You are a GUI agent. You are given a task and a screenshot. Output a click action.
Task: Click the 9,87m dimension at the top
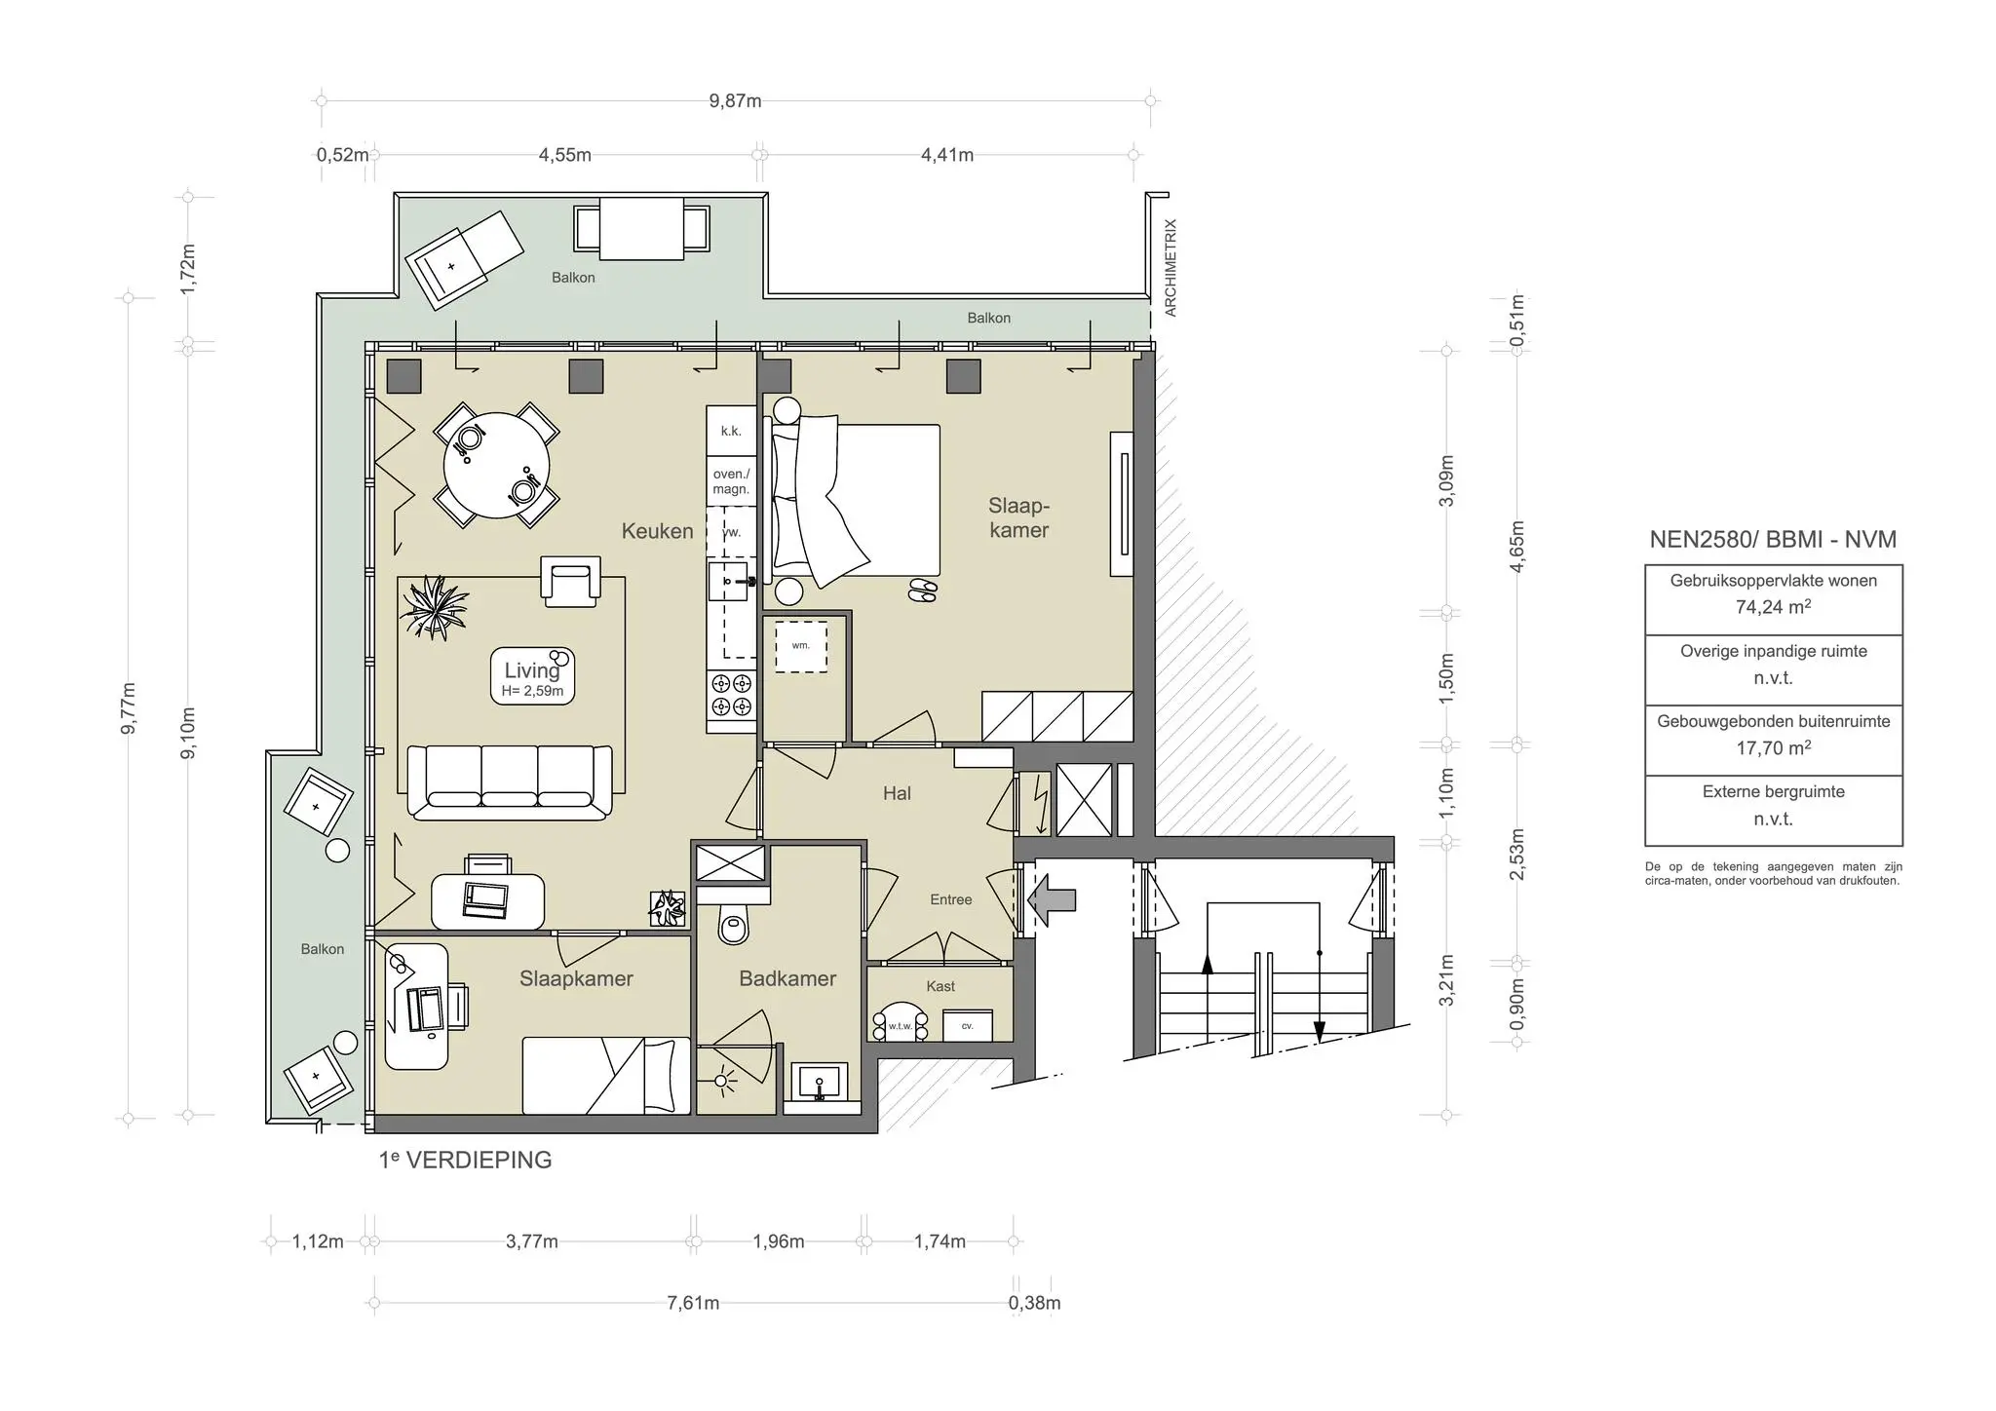(x=735, y=101)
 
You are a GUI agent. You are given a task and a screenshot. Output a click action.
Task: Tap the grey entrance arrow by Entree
(x=1053, y=898)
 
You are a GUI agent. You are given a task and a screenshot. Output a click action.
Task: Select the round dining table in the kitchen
(x=497, y=465)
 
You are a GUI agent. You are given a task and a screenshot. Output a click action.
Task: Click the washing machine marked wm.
(x=801, y=645)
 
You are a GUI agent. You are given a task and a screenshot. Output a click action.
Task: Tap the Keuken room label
(x=658, y=531)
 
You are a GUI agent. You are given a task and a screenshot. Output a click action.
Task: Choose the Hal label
(x=897, y=793)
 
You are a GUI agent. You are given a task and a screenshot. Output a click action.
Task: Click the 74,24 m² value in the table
(x=1773, y=606)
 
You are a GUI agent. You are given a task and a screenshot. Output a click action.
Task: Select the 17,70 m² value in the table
(x=1773, y=747)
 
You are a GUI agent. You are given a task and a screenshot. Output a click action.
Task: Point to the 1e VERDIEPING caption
(x=466, y=1160)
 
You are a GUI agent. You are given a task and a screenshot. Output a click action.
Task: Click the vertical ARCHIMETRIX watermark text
(x=1171, y=268)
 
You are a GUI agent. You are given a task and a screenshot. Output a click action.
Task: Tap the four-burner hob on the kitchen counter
(x=731, y=695)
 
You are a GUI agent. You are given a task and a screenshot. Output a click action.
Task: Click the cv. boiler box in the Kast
(x=968, y=1025)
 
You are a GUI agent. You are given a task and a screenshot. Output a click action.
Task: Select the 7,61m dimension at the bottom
(x=693, y=1303)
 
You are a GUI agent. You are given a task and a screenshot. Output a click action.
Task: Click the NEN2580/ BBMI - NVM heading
(x=1773, y=540)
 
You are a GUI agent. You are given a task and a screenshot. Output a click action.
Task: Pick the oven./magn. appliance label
(x=731, y=481)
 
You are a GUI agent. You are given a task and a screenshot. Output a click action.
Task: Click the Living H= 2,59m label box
(x=532, y=676)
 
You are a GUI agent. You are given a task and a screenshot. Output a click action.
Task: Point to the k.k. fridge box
(x=731, y=431)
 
